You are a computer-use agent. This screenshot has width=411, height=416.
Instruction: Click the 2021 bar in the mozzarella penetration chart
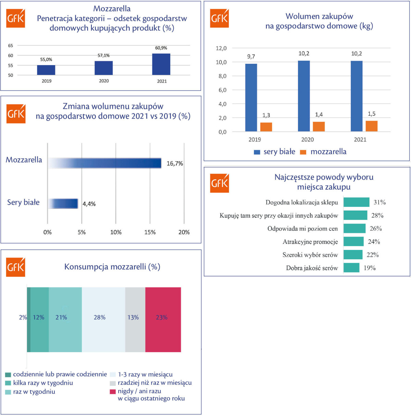coord(161,64)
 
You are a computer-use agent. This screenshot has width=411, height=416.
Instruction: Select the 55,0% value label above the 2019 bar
coord(46,60)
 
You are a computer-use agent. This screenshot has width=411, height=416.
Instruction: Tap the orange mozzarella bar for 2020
coord(319,127)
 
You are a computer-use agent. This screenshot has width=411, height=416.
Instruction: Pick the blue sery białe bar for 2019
coord(251,98)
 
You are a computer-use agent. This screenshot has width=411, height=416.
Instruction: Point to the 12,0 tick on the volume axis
coord(221,48)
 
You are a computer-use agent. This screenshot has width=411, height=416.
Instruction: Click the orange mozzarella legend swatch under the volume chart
coord(303,152)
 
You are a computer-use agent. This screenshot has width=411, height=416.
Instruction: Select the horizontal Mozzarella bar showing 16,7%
coord(104,163)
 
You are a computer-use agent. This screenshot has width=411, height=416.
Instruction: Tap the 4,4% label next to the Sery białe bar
coord(89,204)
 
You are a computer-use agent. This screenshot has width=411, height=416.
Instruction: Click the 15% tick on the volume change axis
coord(150,232)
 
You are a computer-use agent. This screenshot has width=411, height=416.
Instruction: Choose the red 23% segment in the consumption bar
coord(163,319)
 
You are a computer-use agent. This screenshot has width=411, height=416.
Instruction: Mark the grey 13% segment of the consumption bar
coord(135,319)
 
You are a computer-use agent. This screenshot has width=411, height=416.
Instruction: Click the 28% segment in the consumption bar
coord(103,319)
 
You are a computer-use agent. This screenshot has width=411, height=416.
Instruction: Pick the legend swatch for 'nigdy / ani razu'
coord(112,391)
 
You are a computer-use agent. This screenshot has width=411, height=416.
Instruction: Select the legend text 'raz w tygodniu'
coord(34,392)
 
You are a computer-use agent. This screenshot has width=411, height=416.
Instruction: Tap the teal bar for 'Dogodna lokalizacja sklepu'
coord(356,202)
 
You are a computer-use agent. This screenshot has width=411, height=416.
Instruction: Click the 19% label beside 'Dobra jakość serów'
coord(370,268)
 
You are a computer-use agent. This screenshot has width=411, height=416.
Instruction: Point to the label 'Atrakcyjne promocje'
coord(310,242)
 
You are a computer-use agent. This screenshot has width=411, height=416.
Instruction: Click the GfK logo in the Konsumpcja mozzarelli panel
coord(16,267)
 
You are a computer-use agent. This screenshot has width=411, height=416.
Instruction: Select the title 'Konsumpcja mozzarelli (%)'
coord(112,267)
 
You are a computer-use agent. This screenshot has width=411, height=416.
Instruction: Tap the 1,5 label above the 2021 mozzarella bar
coord(372,114)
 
